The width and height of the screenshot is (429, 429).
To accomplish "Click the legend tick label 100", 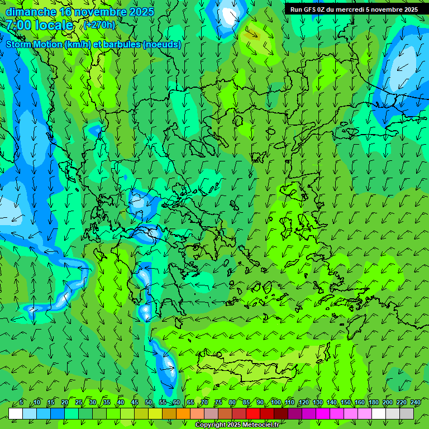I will [x=276, y=402].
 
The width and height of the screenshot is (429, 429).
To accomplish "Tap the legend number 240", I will [x=416, y=402].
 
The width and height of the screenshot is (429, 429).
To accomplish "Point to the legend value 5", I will [x=21, y=402].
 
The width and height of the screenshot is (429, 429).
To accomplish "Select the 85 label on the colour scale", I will [x=246, y=402].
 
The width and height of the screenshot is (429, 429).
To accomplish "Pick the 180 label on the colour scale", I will [x=374, y=402].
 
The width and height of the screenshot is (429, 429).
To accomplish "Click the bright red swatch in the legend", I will [x=253, y=413].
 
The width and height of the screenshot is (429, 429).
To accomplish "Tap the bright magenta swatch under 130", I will [x=323, y=413].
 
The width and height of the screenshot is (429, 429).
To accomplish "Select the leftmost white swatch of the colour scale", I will [x=16, y=413].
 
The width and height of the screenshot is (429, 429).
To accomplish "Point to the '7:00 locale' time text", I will [x=40, y=25].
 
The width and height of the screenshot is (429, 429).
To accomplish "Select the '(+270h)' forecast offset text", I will [x=99, y=25].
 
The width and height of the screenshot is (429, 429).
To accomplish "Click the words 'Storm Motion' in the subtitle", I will [x=34, y=45].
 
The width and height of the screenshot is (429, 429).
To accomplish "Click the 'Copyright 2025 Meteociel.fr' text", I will [x=237, y=425].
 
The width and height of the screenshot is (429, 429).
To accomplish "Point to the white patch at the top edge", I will [x=230, y=15].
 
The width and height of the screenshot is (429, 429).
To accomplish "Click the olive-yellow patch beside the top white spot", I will [x=251, y=35].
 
